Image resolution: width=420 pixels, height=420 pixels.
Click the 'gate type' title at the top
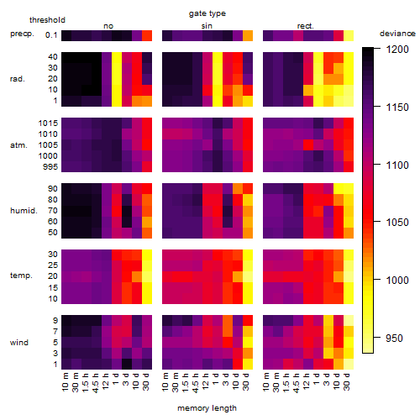(x=207, y=13)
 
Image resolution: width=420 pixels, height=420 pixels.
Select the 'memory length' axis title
(x=207, y=408)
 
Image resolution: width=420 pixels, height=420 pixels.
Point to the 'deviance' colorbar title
(x=397, y=34)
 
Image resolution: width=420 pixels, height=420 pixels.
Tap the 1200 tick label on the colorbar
(x=397, y=50)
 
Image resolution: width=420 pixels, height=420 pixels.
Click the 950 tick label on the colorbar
(x=394, y=338)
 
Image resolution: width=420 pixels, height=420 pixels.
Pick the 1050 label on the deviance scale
(x=397, y=223)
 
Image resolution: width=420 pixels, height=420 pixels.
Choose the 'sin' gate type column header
(x=207, y=26)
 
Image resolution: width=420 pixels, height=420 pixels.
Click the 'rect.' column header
(x=306, y=26)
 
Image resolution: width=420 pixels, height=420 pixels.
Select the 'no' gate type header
(x=108, y=26)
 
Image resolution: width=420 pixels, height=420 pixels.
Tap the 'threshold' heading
(x=47, y=20)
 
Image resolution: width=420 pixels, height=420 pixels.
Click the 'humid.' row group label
(x=24, y=211)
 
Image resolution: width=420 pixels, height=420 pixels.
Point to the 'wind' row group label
(x=19, y=343)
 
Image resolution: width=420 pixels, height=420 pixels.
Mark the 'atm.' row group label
(x=18, y=145)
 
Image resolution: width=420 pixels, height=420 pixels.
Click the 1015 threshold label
(x=48, y=123)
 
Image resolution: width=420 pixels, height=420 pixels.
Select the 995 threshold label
(x=50, y=167)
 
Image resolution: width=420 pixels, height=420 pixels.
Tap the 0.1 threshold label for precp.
(x=51, y=35)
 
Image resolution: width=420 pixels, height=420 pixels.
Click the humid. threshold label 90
(x=53, y=189)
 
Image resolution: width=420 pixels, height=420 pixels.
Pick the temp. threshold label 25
(x=53, y=265)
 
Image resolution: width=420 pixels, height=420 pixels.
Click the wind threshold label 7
(x=55, y=332)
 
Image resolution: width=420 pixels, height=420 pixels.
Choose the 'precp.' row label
(x=22, y=34)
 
